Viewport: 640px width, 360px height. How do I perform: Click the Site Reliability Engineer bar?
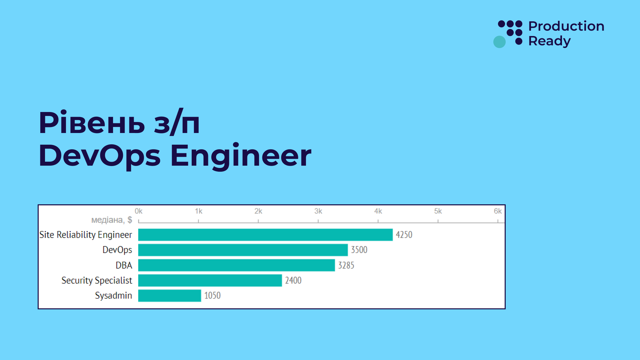click(265, 235)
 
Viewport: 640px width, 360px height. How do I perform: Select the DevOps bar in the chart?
click(243, 250)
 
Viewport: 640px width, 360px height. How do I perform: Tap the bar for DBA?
click(236, 265)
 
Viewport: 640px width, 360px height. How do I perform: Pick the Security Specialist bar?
click(210, 280)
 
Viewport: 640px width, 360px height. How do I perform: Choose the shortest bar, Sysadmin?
click(169, 296)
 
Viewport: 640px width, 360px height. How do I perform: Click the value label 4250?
click(404, 235)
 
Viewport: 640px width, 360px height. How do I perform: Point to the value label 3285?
click(346, 265)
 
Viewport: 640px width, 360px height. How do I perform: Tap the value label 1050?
click(212, 296)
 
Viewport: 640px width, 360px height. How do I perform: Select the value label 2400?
click(293, 280)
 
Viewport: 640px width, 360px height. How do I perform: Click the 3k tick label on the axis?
click(318, 211)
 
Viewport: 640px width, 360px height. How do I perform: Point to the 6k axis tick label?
click(497, 211)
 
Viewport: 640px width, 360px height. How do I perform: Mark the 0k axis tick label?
click(138, 211)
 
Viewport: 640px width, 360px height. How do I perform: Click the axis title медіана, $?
click(112, 220)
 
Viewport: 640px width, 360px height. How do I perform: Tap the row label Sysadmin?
click(113, 296)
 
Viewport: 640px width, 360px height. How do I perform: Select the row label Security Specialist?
click(97, 280)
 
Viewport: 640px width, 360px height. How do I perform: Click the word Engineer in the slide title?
click(241, 156)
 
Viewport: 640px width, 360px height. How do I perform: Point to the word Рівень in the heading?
click(92, 123)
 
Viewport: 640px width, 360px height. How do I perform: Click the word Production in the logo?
click(566, 26)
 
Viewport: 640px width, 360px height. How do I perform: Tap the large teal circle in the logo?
click(499, 42)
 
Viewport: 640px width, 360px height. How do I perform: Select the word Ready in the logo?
click(549, 41)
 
